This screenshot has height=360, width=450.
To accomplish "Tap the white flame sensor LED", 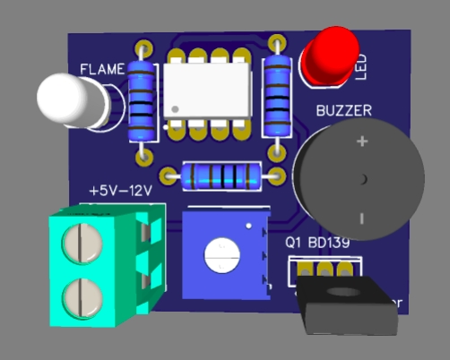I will tap(68, 99).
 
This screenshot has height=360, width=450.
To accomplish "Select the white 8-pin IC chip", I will tap(207, 92).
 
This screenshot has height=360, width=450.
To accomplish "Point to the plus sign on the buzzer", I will tap(362, 141).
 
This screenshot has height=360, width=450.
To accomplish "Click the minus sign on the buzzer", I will tap(362, 218).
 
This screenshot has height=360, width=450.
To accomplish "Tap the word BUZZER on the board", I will tap(344, 111).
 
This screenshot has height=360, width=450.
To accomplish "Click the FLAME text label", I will tap(102, 68).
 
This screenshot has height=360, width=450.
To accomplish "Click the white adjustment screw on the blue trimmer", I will tap(221, 255).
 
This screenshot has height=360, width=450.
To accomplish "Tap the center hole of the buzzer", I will tap(363, 179).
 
